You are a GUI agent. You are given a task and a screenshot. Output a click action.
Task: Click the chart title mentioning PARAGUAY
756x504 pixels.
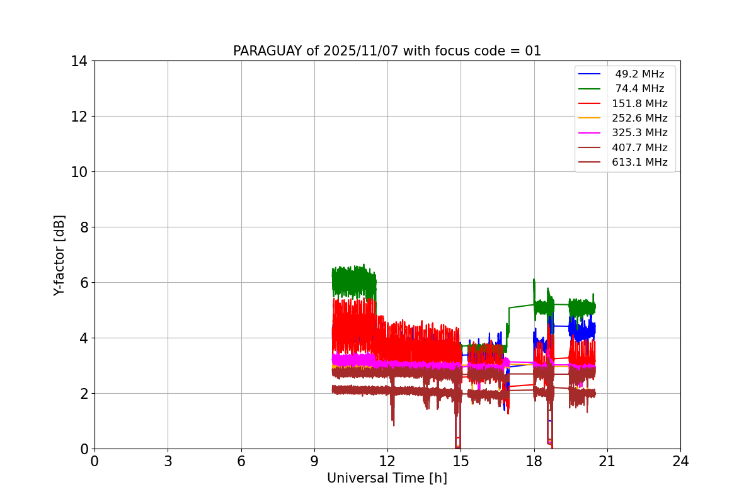point(387,51)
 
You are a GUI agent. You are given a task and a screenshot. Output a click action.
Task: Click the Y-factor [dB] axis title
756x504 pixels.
point(59,255)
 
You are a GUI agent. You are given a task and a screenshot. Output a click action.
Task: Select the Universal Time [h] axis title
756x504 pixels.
point(387,478)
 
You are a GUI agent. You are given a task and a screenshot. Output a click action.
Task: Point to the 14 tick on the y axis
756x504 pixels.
point(79,61)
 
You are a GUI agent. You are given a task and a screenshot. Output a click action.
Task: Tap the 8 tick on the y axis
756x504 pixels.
point(83,227)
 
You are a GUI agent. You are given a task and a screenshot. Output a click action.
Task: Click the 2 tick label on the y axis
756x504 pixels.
point(83,394)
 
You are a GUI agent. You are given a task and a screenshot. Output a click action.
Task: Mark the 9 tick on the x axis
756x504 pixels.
point(314,461)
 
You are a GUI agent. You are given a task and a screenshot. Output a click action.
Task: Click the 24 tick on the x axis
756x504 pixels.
point(680,461)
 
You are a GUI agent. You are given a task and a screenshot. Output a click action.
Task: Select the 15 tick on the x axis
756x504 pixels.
point(461,461)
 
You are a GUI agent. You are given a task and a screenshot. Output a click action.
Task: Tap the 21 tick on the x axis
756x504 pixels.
point(607,461)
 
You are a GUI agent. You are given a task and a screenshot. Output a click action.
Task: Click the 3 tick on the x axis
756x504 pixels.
point(168,461)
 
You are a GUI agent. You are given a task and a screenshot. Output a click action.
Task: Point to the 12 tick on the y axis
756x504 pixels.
point(79,117)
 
